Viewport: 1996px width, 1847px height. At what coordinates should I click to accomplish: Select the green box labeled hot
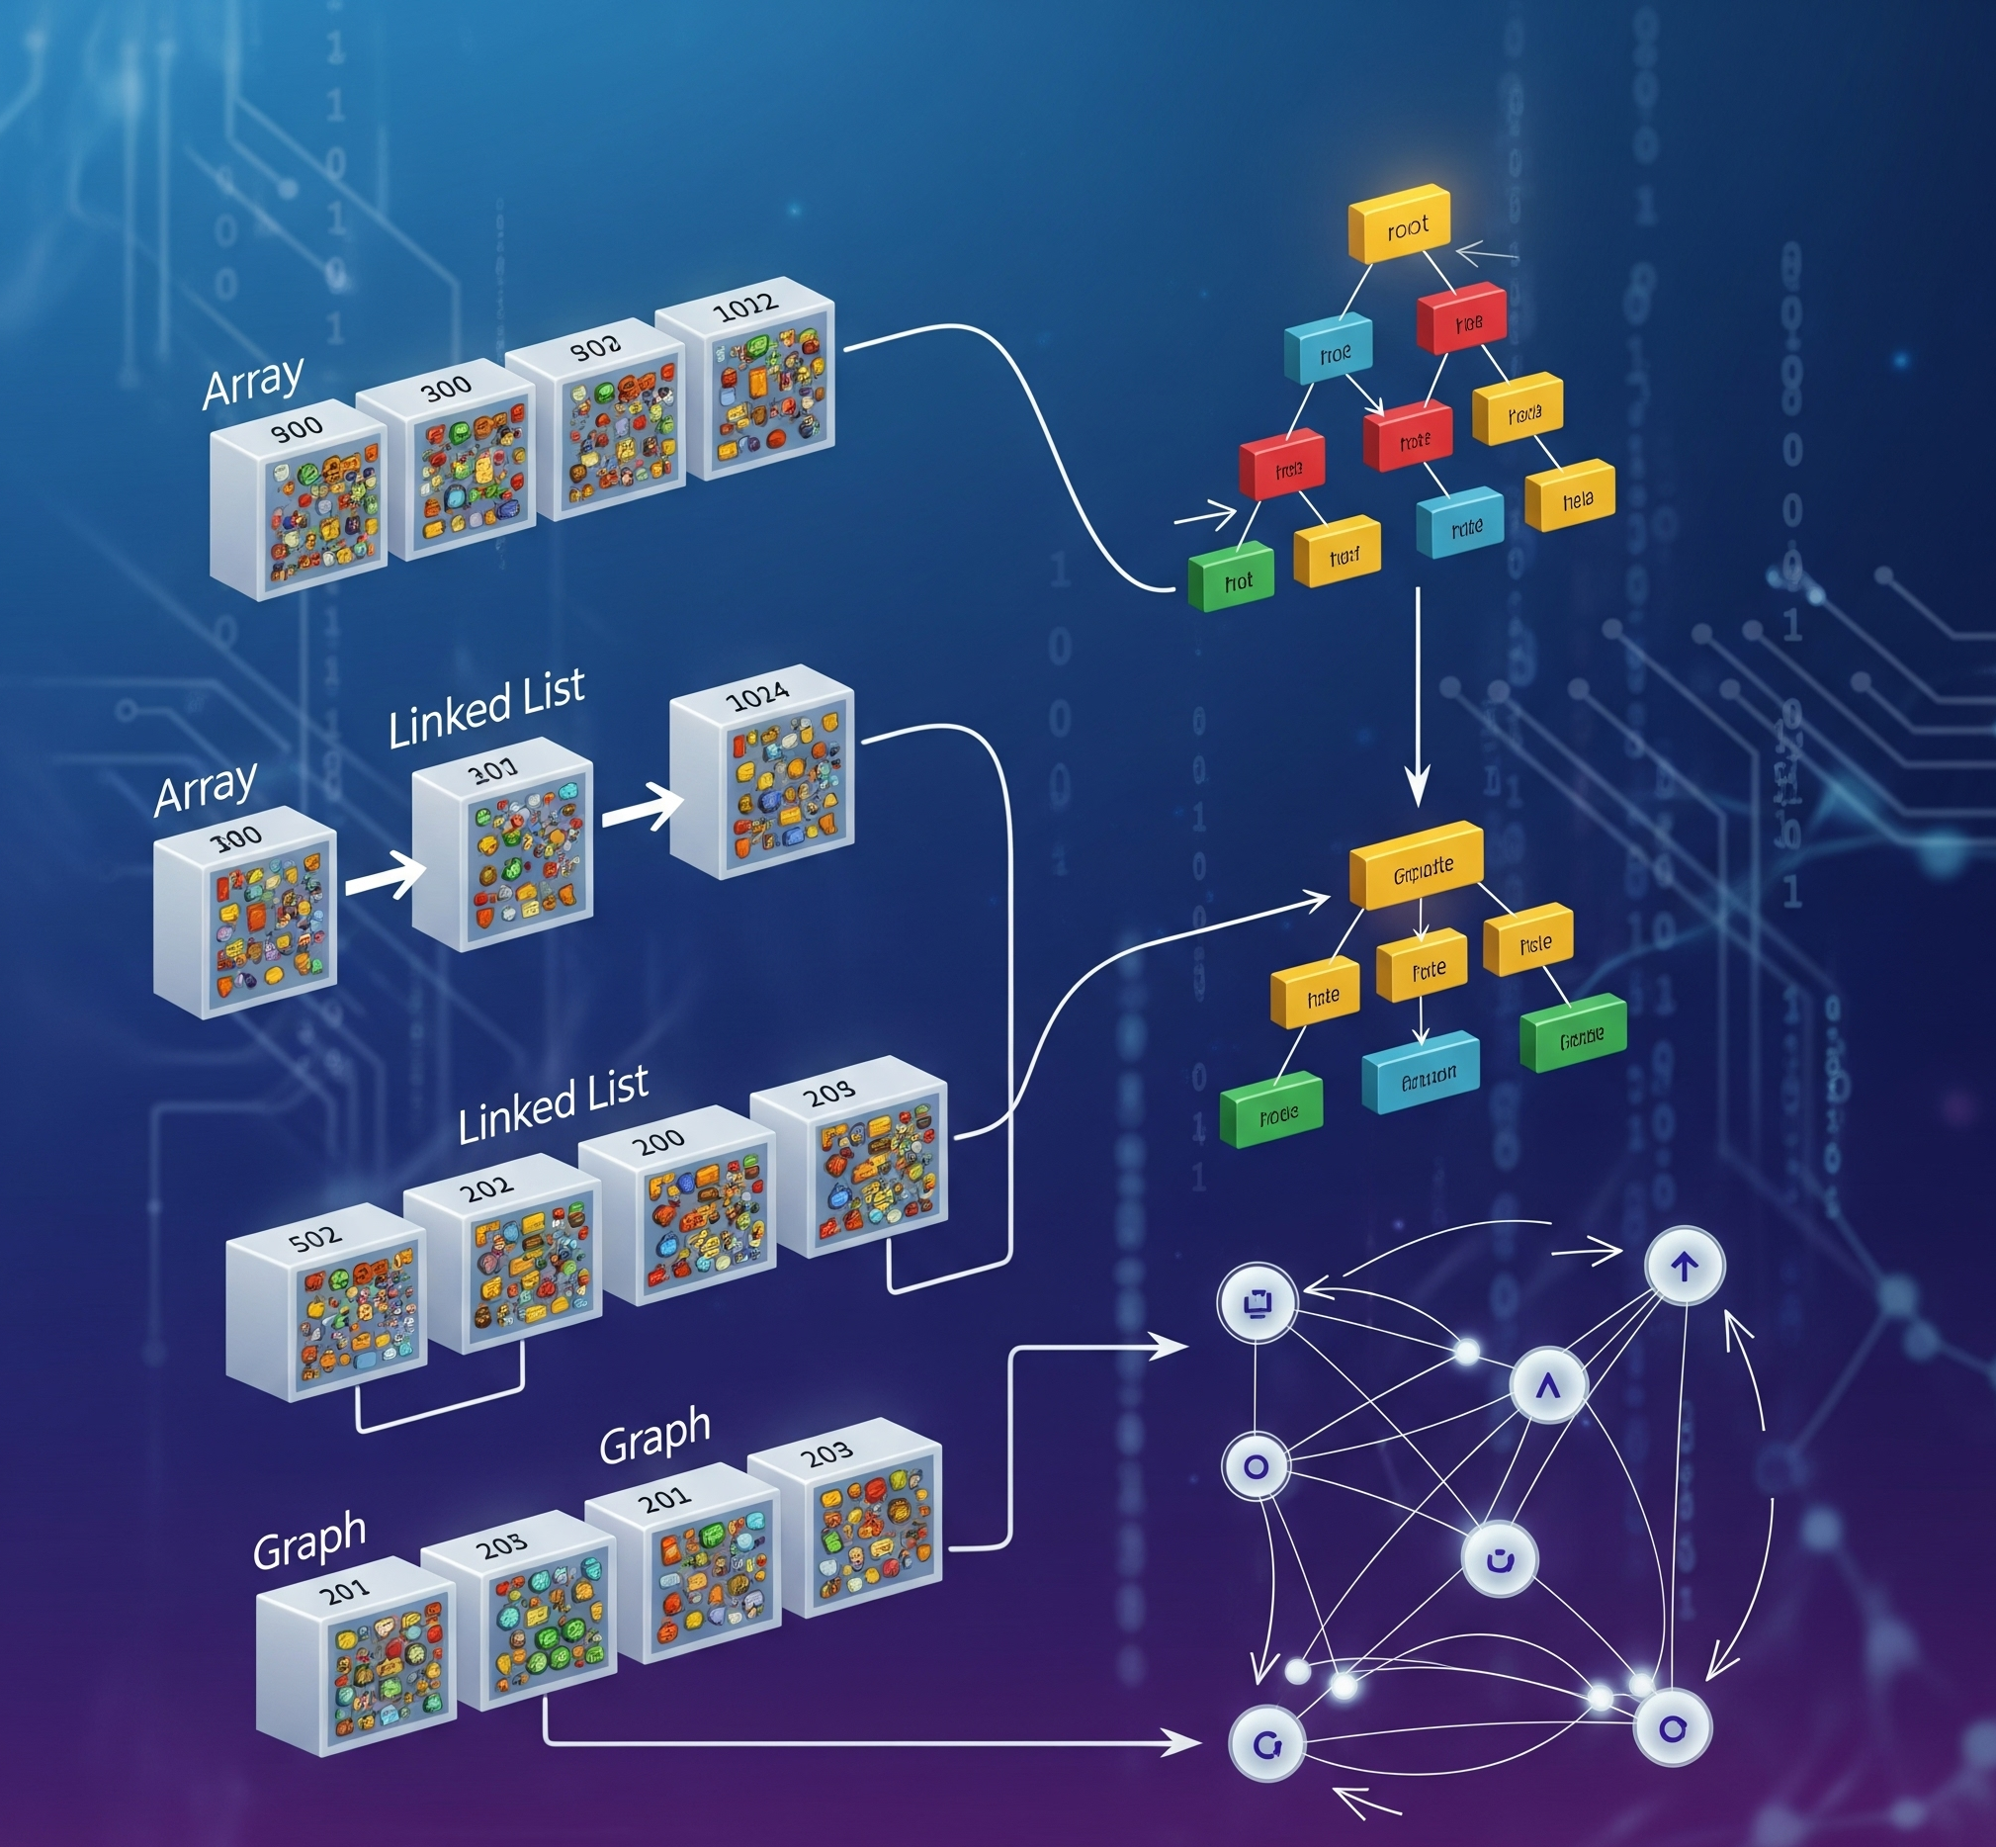pos(1231,577)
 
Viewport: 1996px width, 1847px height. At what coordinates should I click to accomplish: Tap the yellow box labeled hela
pos(1570,495)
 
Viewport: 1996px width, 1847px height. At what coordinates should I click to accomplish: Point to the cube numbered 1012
pos(748,394)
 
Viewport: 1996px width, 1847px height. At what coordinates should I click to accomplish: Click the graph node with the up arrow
pos(1685,1268)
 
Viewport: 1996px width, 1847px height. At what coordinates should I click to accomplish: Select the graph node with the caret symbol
pos(1547,1386)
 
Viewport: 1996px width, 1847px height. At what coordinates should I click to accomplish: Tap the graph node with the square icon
pos(1258,1302)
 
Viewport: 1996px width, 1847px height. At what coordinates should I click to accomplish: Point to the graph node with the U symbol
pos(1499,1558)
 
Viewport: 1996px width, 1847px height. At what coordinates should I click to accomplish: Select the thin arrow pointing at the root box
pos(1486,255)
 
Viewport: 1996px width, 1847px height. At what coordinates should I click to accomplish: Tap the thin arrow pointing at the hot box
pos(1205,517)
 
